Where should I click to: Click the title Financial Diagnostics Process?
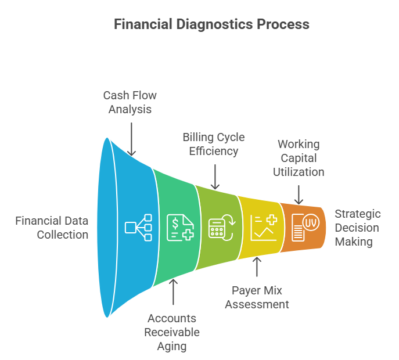tap(211, 24)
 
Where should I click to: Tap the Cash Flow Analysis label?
tap(130, 102)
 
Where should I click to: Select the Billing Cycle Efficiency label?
tap(213, 145)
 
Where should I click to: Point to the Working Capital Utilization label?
tap(299, 158)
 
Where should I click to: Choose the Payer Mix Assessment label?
tap(257, 297)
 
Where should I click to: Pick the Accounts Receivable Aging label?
tap(172, 332)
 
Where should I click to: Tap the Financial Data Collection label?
tap(52, 228)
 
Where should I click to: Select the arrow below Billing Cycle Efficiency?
tap(215, 176)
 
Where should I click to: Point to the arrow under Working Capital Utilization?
tap(299, 194)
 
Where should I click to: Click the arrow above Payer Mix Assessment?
tap(257, 267)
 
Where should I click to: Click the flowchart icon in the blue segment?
tap(138, 228)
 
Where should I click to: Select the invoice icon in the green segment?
tap(179, 228)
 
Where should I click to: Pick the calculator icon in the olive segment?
tap(220, 228)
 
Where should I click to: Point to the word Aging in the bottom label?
tap(172, 347)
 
